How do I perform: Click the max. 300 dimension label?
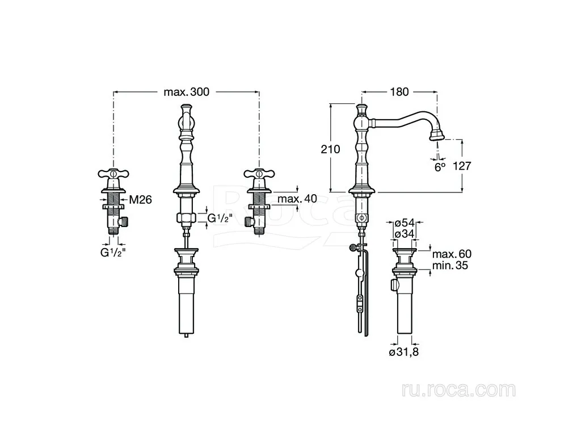click(x=186, y=91)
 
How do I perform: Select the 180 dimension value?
click(x=399, y=91)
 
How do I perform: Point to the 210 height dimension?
click(x=330, y=149)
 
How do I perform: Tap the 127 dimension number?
click(x=462, y=166)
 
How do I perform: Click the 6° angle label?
click(x=440, y=167)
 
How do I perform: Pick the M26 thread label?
click(x=141, y=200)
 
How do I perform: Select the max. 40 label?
click(x=297, y=199)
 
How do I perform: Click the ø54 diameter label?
click(x=404, y=223)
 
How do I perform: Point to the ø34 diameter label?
click(x=404, y=234)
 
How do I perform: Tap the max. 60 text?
click(x=452, y=254)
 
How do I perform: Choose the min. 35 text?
click(x=450, y=266)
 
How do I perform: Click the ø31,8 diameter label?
click(x=404, y=352)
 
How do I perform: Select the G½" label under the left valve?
click(x=113, y=253)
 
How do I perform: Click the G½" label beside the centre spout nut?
click(x=220, y=218)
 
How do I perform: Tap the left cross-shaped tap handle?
click(x=113, y=173)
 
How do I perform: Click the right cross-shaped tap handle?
click(x=259, y=173)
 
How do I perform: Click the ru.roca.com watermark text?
click(x=458, y=389)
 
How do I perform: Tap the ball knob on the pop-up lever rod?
click(x=359, y=273)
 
